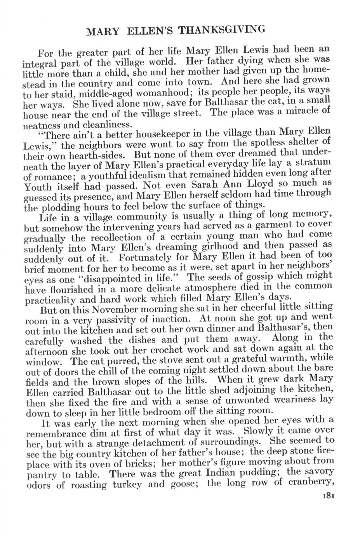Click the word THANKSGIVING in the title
point(224,30)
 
